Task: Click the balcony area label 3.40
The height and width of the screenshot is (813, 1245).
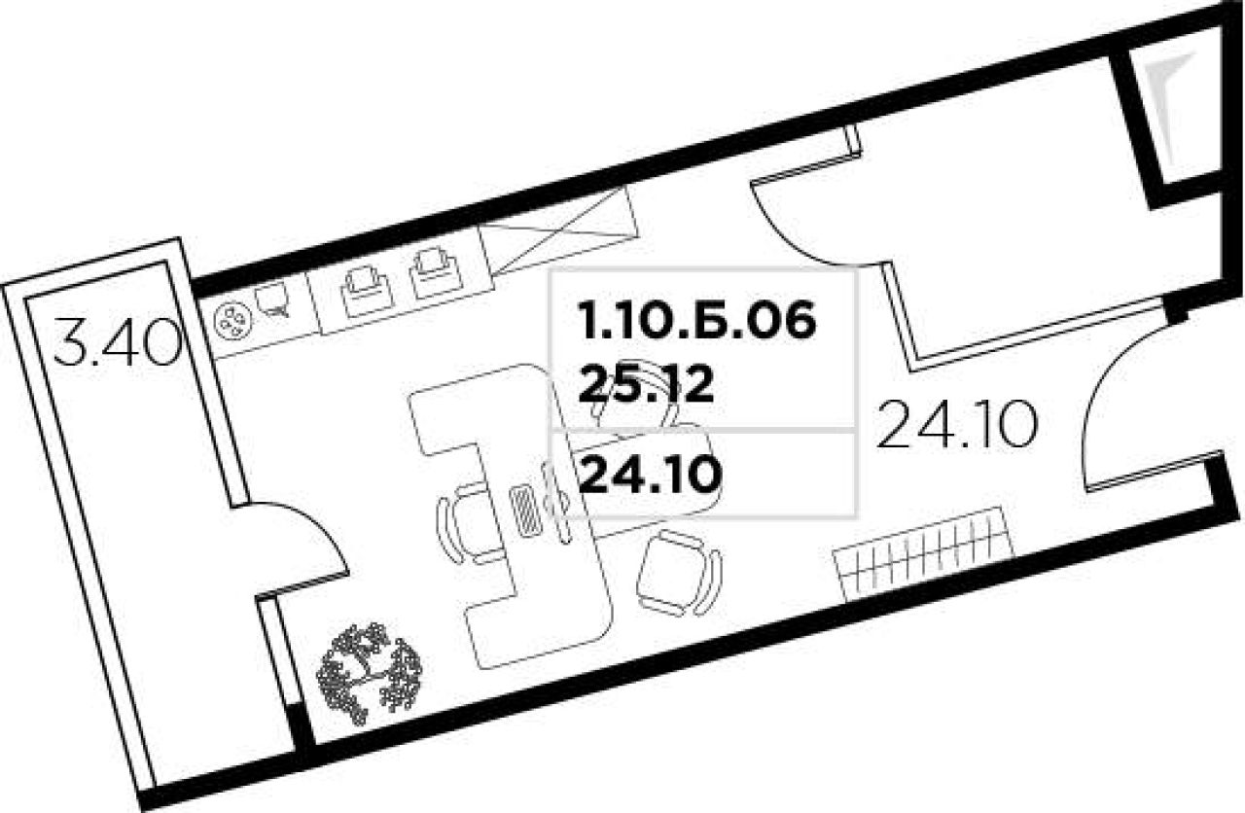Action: click(x=119, y=343)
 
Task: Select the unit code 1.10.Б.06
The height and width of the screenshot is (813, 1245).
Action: click(x=697, y=321)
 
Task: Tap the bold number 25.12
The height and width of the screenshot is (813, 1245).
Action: click(x=647, y=384)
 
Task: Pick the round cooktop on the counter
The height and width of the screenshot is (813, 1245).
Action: click(x=233, y=322)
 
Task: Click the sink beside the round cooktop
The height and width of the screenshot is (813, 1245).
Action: click(x=273, y=299)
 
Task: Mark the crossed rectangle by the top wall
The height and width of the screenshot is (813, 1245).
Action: click(x=557, y=231)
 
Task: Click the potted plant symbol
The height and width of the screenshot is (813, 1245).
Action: click(x=369, y=673)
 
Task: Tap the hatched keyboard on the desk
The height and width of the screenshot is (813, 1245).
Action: click(x=524, y=509)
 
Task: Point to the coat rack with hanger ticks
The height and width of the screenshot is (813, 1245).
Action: click(x=923, y=553)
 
